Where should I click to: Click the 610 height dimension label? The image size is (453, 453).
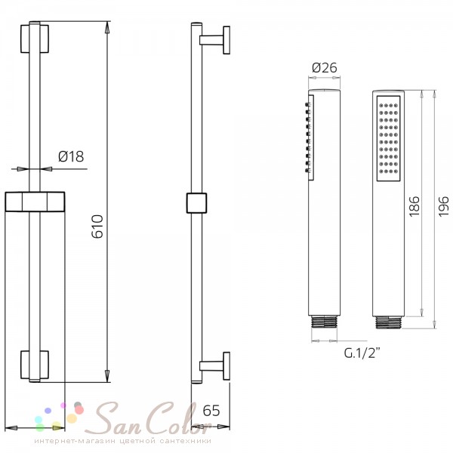97,226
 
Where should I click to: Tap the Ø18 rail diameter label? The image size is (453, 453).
71,156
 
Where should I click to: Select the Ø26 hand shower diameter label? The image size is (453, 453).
325,68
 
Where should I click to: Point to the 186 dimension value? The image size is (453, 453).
414,206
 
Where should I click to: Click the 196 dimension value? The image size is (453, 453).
443,206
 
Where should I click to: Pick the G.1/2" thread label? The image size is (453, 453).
362,353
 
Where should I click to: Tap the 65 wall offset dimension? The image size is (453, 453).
211,411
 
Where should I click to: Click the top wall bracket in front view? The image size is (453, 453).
35,39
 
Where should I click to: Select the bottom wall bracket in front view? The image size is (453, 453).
35,365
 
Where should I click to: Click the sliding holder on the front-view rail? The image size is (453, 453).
35,202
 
